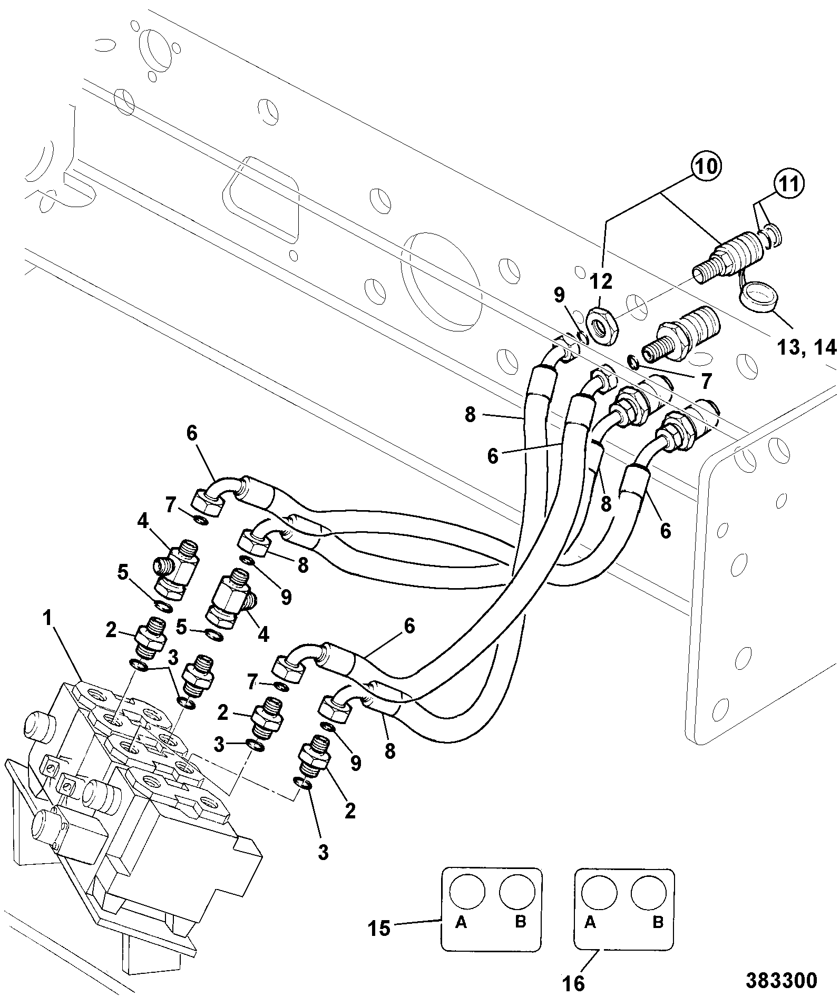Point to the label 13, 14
807,347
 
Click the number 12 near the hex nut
601,281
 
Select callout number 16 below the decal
573,982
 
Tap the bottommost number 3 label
323,852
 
